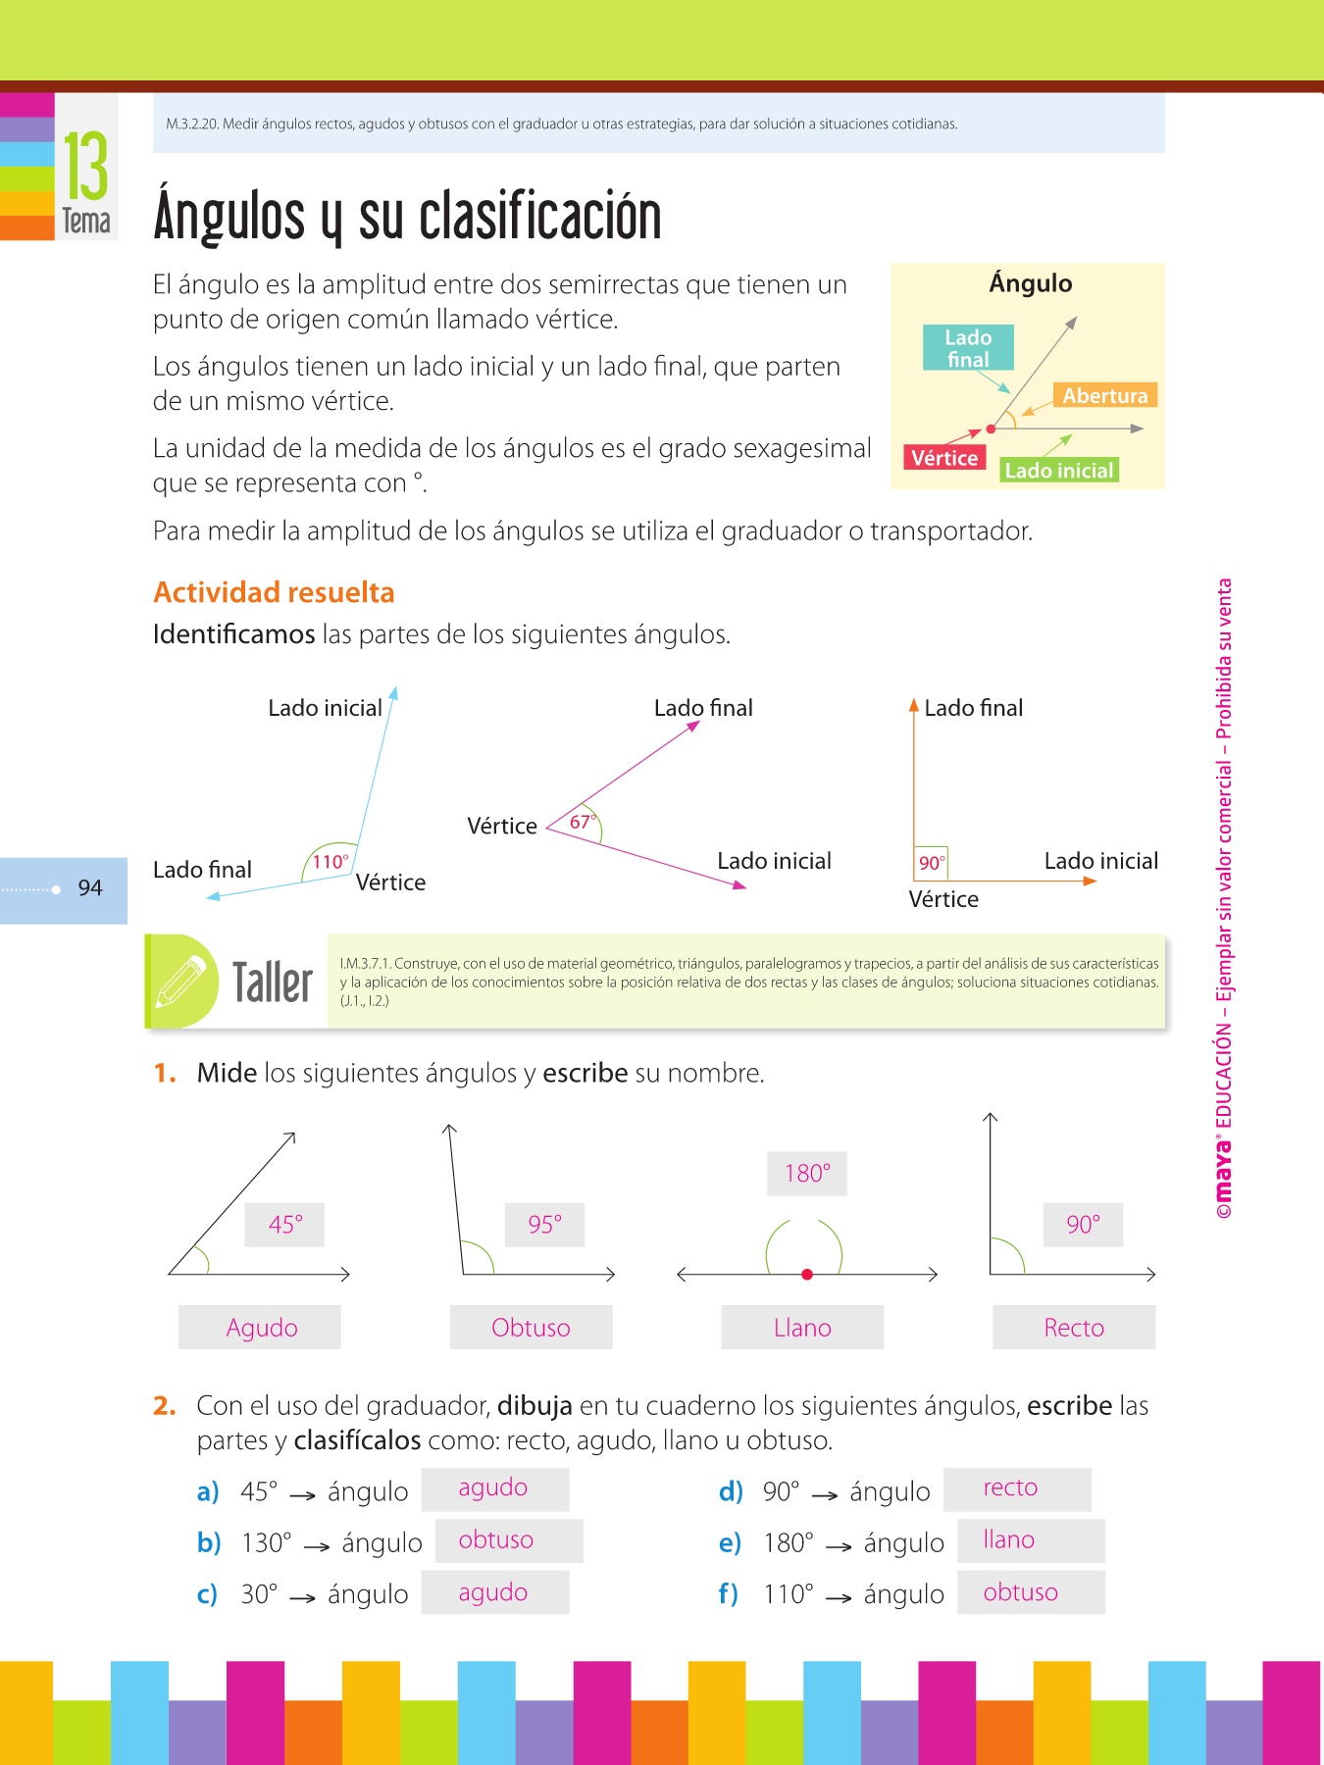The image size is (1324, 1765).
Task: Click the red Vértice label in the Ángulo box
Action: tap(944, 458)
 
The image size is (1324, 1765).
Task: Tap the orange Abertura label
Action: tap(1105, 395)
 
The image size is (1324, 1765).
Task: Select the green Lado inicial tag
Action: tap(1059, 471)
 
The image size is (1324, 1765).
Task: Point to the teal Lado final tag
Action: tap(968, 348)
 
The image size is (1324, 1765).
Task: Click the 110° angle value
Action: tap(331, 862)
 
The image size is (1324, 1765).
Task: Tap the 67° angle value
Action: tap(583, 822)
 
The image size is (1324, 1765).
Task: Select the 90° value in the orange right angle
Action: tap(931, 863)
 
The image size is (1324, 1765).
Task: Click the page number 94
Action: tap(90, 887)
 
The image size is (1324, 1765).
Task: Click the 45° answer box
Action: tap(285, 1225)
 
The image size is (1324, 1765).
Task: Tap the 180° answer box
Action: tap(807, 1174)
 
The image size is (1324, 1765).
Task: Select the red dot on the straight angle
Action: tap(807, 1275)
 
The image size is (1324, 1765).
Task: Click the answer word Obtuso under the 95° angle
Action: tap(531, 1328)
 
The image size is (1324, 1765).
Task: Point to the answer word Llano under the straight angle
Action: tap(802, 1328)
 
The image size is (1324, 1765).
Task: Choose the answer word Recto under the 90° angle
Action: tap(1074, 1328)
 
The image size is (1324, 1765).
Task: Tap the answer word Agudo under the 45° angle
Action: tap(262, 1328)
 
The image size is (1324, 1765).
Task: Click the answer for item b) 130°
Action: tap(496, 1540)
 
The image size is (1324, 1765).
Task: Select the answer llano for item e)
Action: tap(1009, 1540)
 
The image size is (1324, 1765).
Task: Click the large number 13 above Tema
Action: tap(86, 166)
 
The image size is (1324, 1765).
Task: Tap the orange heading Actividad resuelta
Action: tap(274, 592)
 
